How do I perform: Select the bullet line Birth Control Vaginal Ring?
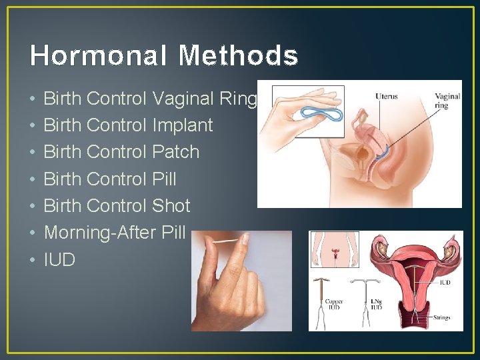click(149, 99)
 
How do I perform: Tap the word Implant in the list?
click(183, 125)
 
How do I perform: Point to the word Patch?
click(176, 152)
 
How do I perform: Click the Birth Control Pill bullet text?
click(109, 179)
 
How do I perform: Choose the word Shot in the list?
click(171, 205)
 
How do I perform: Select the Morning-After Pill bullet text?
click(114, 233)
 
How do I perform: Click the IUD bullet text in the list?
click(59, 259)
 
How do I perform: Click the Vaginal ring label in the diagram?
click(447, 101)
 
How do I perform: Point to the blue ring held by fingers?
click(322, 113)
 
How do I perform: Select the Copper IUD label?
click(334, 305)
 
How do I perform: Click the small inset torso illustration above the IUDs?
click(335, 249)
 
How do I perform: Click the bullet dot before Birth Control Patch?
click(33, 153)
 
